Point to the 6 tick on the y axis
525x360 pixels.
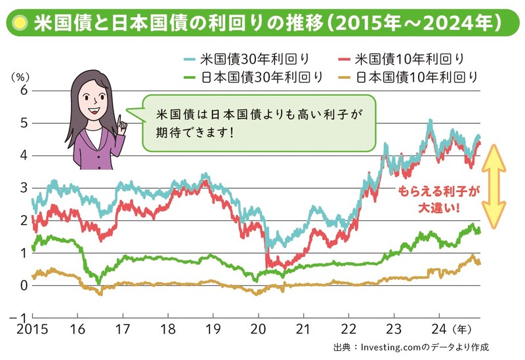24,90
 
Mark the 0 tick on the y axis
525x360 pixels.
24,285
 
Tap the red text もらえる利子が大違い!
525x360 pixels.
438,199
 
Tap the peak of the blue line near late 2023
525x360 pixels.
430,121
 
